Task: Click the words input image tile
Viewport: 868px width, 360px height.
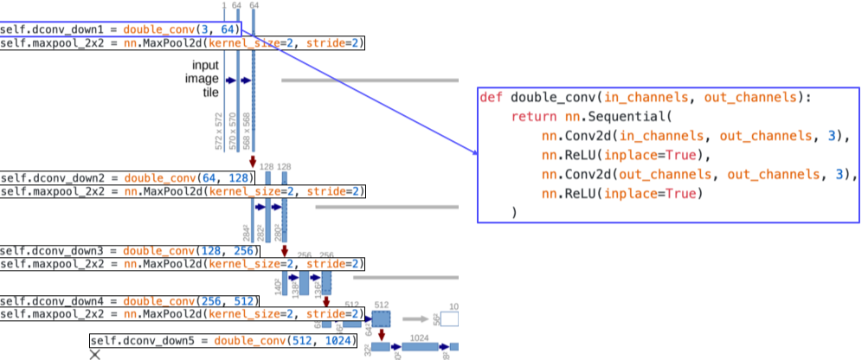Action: click(x=207, y=79)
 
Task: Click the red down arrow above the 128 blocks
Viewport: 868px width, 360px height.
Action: click(x=253, y=161)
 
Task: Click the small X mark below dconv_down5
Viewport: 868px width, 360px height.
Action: click(x=95, y=355)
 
